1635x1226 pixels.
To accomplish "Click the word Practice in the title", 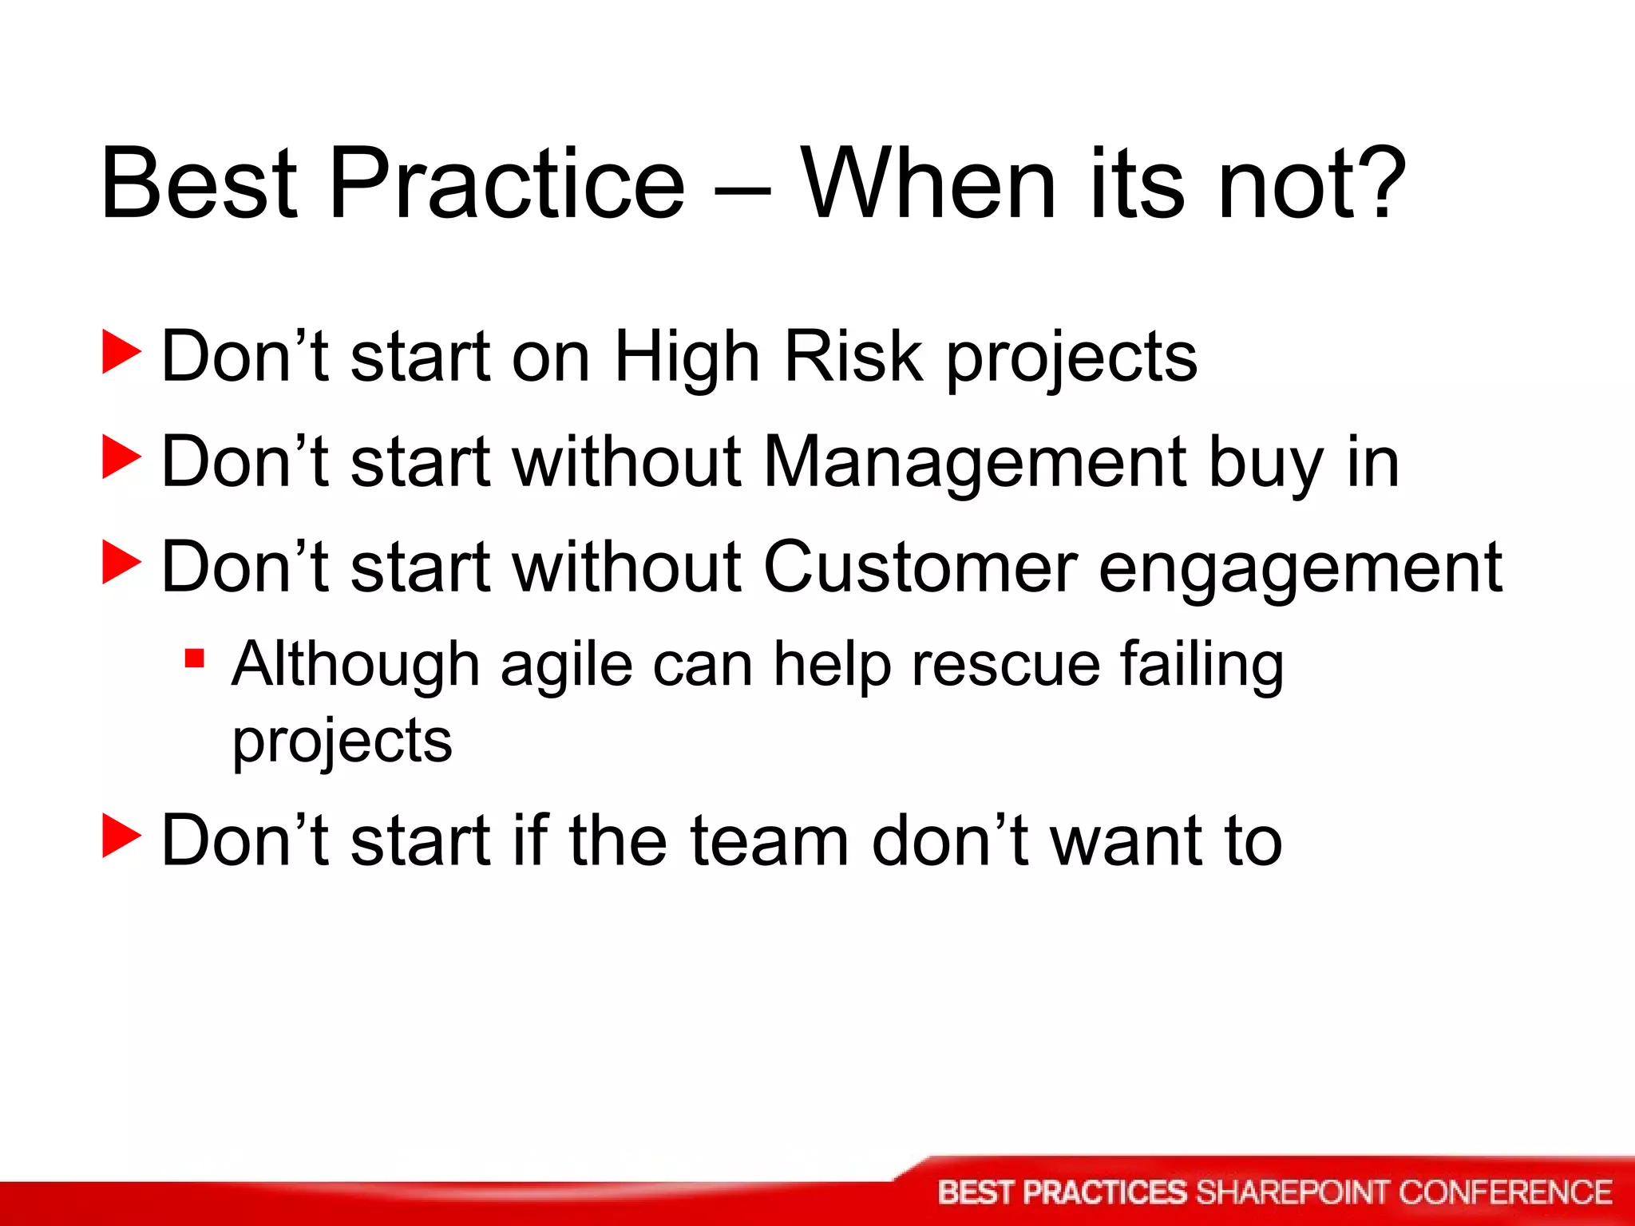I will tap(506, 185).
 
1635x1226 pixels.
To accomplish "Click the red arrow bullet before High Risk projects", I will tap(121, 354).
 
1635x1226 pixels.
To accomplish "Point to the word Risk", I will tap(853, 357).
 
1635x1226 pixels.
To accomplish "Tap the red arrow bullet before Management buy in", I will tap(121, 458).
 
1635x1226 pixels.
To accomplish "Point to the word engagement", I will tap(1300, 571).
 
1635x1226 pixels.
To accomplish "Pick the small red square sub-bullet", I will tap(194, 659).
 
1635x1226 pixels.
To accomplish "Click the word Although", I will tap(355, 664).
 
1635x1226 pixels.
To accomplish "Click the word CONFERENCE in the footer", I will tap(1505, 1192).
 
